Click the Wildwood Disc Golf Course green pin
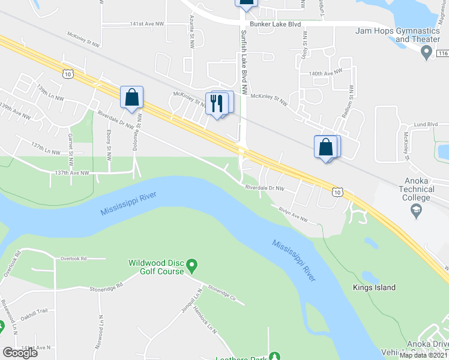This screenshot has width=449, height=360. point(192,265)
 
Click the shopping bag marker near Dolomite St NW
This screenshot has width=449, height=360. point(131,97)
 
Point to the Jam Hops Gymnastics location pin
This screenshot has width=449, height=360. point(427,54)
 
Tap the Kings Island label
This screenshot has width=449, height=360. point(373,287)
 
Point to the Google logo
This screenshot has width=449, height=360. point(20,353)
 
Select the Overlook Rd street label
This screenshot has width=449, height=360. point(73,259)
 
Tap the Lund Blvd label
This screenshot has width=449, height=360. point(425,124)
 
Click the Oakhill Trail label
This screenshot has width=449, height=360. point(33,311)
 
